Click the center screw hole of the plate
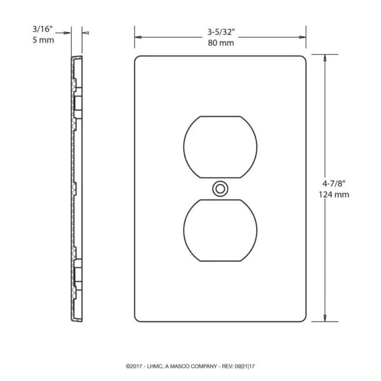[x=220, y=189]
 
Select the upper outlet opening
[x=220, y=147]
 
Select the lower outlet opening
[x=220, y=231]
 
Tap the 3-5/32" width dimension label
[x=221, y=32]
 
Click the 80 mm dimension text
[x=221, y=43]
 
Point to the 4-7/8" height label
[x=334, y=184]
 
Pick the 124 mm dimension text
[x=334, y=195]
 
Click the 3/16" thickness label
[x=43, y=29]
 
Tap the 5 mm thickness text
[x=43, y=40]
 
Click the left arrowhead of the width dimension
[x=138, y=37]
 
